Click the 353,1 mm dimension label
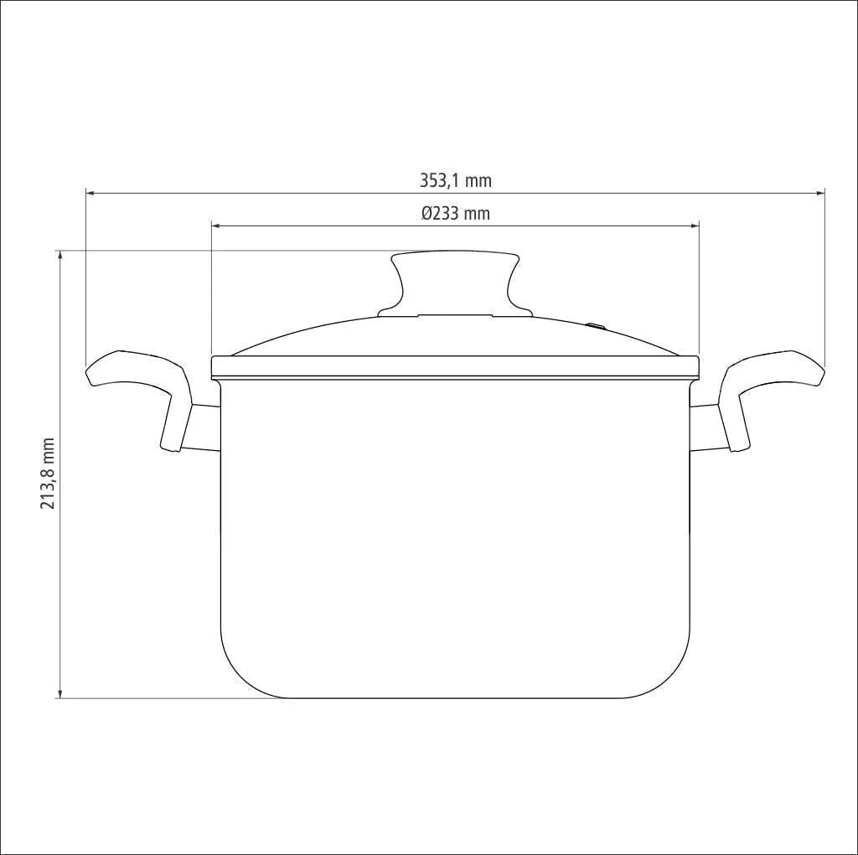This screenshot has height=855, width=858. coord(455,180)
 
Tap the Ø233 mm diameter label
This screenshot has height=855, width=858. coord(455,213)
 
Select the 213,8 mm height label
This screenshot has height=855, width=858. coord(48,473)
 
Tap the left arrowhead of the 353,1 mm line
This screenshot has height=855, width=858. coord(91,193)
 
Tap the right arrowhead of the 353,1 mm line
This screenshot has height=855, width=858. coord(819,193)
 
